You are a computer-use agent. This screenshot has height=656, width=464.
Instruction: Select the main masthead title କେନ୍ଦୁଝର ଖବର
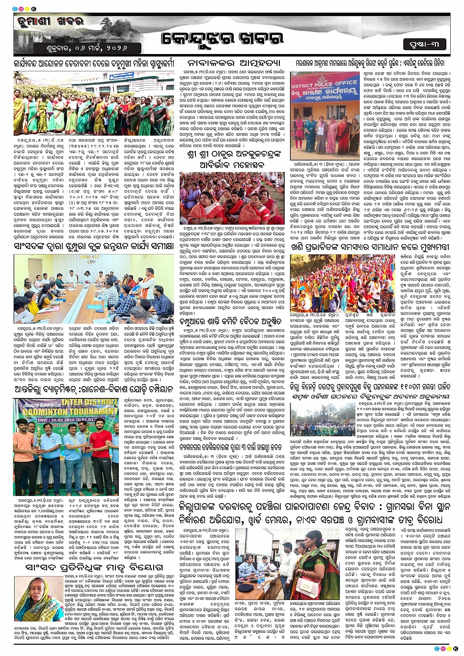(x=222, y=39)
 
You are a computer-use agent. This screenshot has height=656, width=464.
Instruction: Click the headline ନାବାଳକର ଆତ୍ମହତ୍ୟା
(x=233, y=63)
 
